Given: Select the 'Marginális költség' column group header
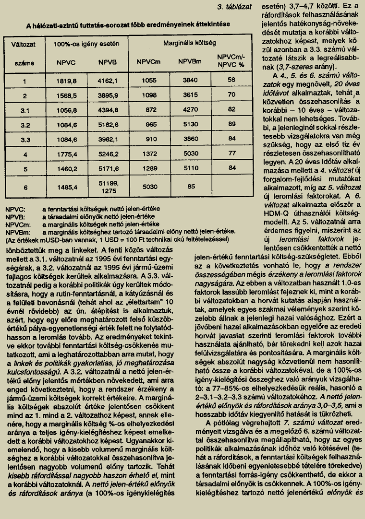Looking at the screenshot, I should [x=183, y=43].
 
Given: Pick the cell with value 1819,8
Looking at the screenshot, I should [x=67, y=80].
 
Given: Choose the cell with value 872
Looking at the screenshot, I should [x=150, y=110].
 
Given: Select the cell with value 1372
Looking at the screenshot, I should [x=150, y=154].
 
